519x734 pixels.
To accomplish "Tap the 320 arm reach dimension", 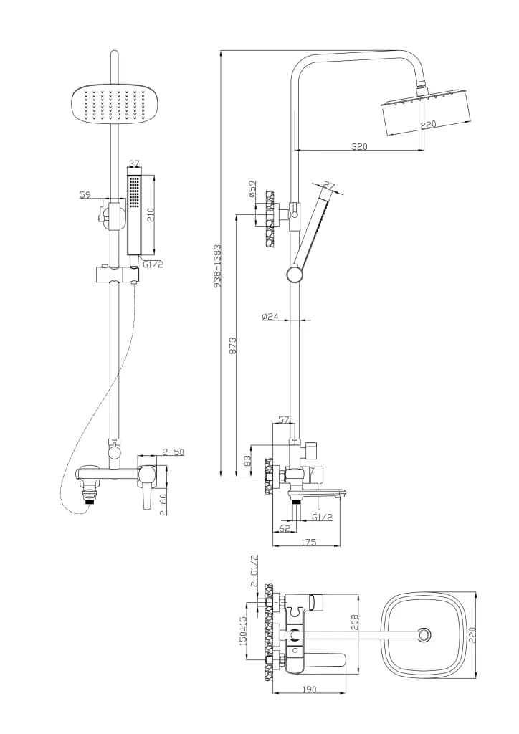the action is (x=359, y=146).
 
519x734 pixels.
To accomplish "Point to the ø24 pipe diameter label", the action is (x=270, y=316).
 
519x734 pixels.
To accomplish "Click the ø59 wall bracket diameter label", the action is (x=252, y=189).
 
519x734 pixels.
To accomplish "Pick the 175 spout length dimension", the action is (x=308, y=542).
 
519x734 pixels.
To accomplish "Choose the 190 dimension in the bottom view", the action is (x=309, y=689).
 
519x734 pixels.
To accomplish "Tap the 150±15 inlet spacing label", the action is (x=243, y=631).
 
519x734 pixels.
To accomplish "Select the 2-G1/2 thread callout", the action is (x=254, y=571).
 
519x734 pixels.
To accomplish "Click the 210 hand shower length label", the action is (x=151, y=214).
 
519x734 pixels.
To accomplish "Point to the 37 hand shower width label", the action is (x=134, y=163).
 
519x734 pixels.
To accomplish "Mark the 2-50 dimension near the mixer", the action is (x=173, y=452).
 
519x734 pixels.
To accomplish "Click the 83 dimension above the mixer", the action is (x=248, y=461).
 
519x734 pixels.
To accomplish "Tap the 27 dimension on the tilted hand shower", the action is (x=330, y=186).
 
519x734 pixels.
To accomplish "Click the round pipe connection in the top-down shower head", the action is (x=424, y=635).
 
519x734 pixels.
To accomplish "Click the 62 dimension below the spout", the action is (x=285, y=528).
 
